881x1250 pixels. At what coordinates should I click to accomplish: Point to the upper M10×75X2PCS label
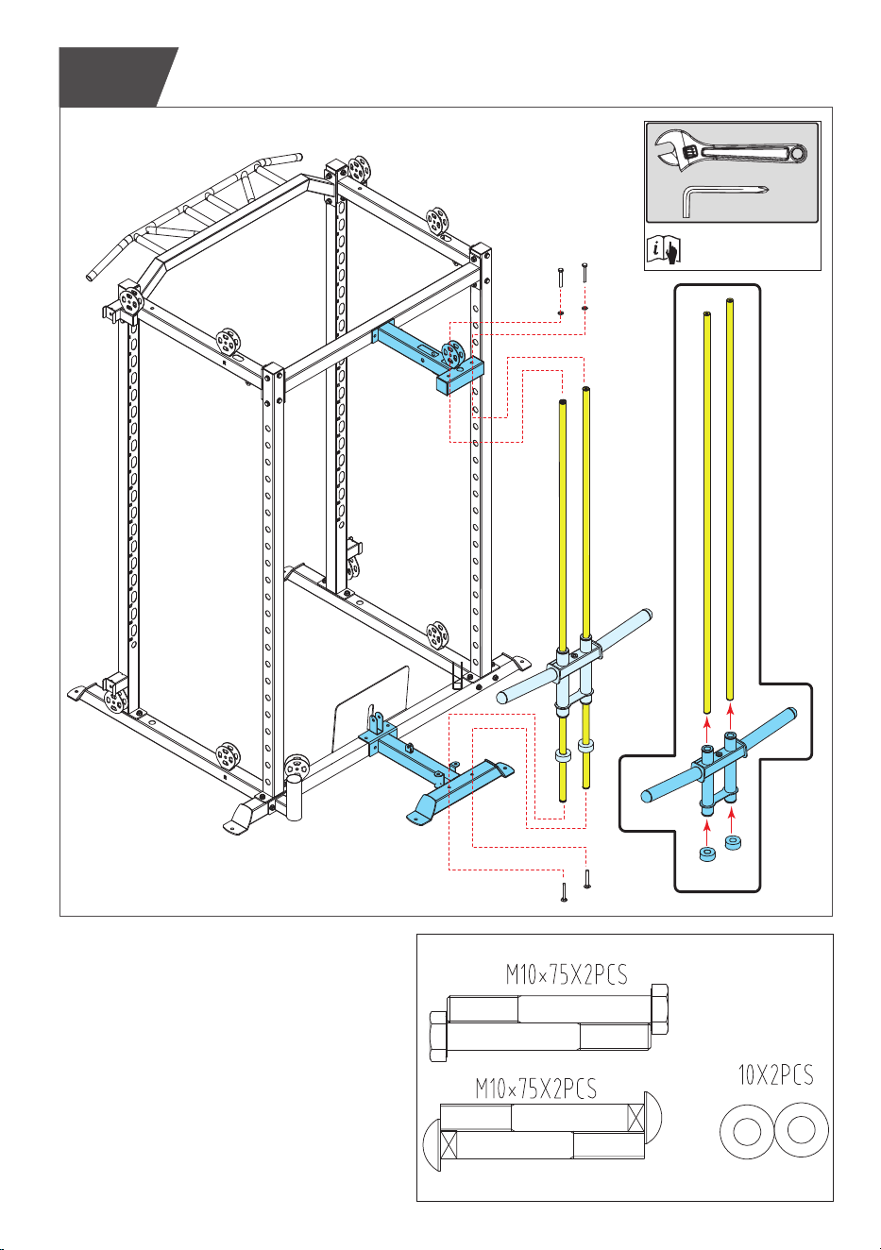pos(567,974)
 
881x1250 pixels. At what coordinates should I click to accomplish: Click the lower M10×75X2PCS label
pos(536,1089)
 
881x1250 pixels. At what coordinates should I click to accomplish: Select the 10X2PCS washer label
pos(775,1074)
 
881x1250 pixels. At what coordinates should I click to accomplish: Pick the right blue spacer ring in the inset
pos(733,843)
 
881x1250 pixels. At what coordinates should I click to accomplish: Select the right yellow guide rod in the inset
pos(730,499)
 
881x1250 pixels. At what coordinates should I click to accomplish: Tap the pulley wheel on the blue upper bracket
pos(452,354)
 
